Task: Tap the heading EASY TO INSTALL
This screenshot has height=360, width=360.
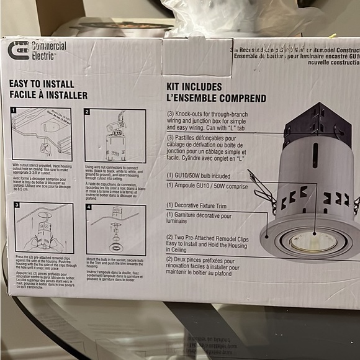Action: pos(42,84)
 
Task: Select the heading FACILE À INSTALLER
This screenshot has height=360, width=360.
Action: pos(48,95)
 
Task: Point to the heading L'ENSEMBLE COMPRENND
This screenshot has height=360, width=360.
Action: pos(215,98)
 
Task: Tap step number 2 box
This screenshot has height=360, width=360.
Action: pos(88,112)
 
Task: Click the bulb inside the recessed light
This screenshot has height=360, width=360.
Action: pos(308,241)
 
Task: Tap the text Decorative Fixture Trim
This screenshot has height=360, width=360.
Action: pos(201,204)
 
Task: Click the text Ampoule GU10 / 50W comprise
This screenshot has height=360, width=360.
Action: pos(212,185)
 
